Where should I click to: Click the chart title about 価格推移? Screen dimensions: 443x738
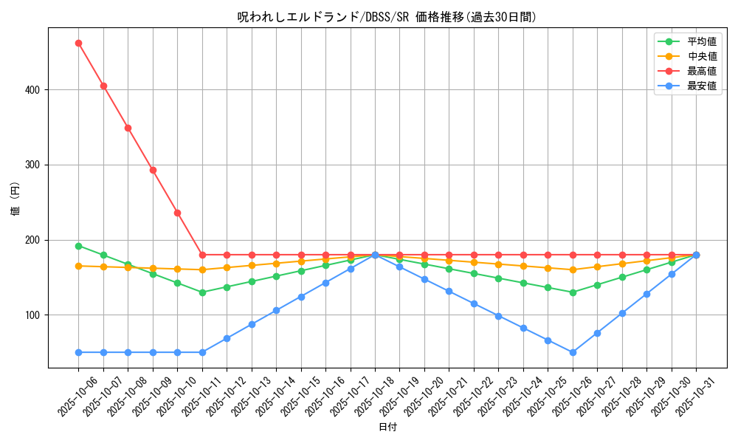tap(387, 17)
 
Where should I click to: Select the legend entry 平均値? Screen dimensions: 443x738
tap(701, 41)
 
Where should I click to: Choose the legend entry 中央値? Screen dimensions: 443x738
tap(701, 56)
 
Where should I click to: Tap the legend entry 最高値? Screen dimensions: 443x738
tap(701, 71)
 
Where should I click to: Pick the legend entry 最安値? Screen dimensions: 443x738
tap(701, 86)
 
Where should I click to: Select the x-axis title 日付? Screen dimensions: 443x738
tap(387, 427)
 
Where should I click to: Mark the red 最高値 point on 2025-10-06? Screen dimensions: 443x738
tap(78, 43)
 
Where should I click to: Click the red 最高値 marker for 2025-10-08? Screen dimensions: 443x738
tap(128, 128)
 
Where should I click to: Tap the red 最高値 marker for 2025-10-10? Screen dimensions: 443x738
tap(177, 213)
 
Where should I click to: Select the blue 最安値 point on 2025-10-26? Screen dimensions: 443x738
tap(573, 352)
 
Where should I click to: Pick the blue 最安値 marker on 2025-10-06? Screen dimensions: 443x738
tap(78, 352)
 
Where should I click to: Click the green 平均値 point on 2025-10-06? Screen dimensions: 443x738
tap(78, 246)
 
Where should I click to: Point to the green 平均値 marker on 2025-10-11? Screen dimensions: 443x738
tap(202, 292)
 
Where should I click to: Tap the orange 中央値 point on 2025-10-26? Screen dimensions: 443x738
tap(573, 269)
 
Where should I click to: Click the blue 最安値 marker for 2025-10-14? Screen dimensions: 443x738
tap(276, 310)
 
